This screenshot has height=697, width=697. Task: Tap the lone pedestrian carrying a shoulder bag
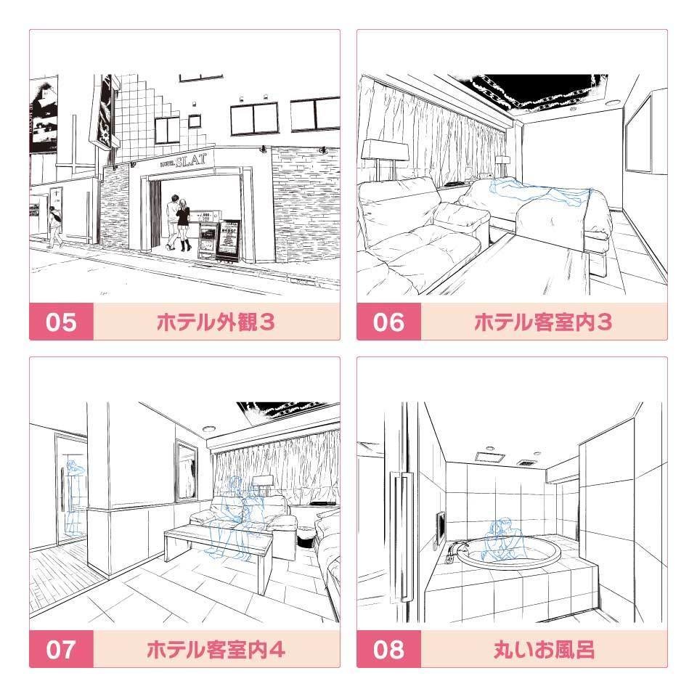tap(55, 226)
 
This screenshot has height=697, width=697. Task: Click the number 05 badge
tap(61, 322)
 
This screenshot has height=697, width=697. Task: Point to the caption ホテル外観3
tap(216, 322)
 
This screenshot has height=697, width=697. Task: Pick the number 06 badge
tap(388, 322)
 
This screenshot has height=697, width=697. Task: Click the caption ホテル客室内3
tap(543, 322)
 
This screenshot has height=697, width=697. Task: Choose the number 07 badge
tap(61, 648)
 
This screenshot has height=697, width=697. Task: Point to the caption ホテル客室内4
tap(216, 648)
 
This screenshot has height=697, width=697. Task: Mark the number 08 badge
tap(388, 648)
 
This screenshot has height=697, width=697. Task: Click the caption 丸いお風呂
tap(543, 648)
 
